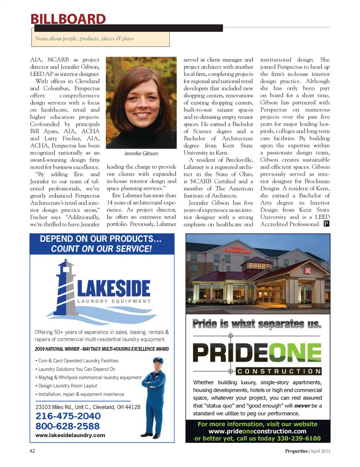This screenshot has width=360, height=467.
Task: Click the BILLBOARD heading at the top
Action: tap(68, 19)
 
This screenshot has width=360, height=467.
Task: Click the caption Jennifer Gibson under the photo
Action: tap(141, 153)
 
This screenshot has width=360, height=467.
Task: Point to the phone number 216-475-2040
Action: tap(68, 416)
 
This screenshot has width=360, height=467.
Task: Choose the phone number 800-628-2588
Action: tap(67, 426)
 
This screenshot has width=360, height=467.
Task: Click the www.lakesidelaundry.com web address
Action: tap(70, 435)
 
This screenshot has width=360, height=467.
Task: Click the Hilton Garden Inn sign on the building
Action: tap(237, 250)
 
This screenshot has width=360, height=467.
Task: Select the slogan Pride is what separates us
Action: tap(257, 324)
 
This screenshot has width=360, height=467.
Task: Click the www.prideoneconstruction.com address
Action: tap(257, 431)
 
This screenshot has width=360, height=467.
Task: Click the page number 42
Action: tap(32, 451)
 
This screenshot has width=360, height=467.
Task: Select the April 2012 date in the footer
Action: tap(320, 451)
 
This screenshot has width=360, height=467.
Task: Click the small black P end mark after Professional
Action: tap(326, 224)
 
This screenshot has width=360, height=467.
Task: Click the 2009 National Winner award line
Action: tap(102, 349)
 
